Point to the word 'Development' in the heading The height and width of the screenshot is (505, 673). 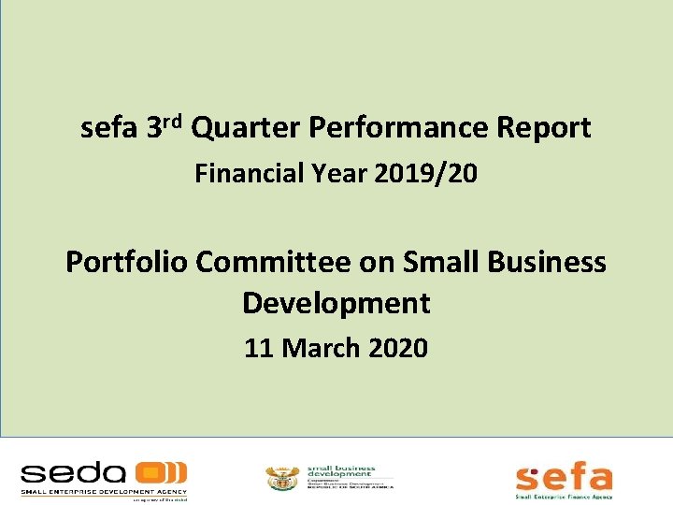tap(336, 303)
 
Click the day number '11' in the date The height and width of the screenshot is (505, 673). tap(258, 349)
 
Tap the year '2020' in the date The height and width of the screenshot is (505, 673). tap(399, 349)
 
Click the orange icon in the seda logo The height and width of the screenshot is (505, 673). tap(160, 472)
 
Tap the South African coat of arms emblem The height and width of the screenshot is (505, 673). tap(279, 478)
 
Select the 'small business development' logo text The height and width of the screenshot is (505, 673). tap(342, 472)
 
